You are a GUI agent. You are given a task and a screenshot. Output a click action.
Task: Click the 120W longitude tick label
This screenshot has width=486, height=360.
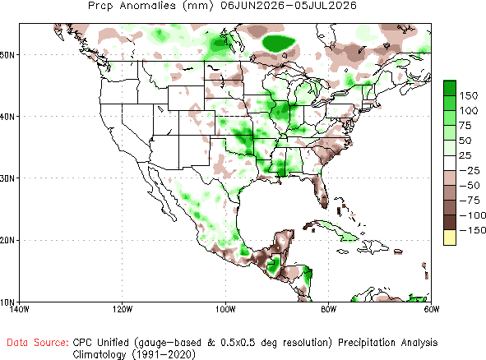click(123, 309)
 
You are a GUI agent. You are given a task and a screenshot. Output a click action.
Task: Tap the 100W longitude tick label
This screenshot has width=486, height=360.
click(225, 309)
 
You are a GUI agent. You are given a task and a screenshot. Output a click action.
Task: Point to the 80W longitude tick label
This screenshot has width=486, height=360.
click(329, 309)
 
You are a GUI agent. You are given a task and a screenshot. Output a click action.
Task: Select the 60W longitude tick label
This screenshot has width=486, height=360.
click(432, 309)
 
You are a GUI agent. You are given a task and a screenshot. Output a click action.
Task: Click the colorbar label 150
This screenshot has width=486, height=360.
click(469, 95)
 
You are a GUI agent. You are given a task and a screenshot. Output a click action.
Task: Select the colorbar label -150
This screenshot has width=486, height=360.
click(472, 230)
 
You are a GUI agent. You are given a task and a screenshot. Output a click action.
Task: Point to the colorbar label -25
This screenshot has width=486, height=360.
click(470, 170)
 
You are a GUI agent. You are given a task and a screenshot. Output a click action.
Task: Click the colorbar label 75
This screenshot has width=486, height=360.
click(465, 126)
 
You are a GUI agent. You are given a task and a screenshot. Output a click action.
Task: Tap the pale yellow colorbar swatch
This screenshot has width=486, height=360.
click(450, 238)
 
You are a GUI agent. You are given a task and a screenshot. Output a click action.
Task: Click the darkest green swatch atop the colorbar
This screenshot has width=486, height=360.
click(450, 88)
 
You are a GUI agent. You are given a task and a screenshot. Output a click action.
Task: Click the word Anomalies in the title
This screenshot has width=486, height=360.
click(148, 6)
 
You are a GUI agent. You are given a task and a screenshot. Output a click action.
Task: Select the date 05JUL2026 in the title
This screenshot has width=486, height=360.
click(326, 6)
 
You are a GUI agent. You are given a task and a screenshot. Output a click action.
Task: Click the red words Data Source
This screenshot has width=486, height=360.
click(38, 343)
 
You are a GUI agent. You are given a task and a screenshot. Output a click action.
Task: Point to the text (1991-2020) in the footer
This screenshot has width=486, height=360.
click(164, 354)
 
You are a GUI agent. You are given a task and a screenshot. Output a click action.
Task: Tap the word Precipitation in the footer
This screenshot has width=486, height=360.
click(367, 343)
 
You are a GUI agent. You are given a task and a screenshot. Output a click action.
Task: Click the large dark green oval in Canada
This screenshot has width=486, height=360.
click(278, 43)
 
